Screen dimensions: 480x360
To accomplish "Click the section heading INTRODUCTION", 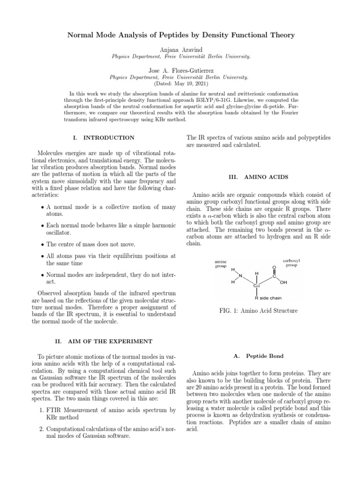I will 108,138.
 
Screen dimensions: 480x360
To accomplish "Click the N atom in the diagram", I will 241,276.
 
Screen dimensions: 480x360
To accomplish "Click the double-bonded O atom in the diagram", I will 274,267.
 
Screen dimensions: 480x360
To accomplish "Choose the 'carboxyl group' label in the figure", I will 291,262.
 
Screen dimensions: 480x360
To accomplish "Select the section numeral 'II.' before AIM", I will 58,340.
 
